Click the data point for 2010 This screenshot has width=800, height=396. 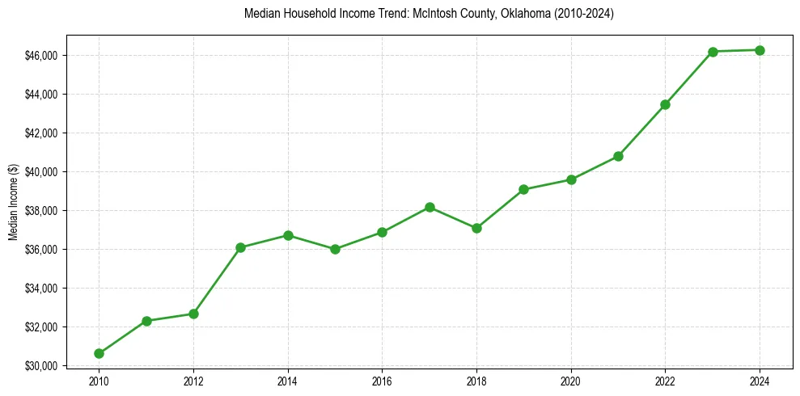99,353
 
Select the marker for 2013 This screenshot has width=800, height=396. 240,247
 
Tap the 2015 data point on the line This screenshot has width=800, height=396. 335,249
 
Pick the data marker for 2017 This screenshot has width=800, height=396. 430,208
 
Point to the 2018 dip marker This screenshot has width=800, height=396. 476,228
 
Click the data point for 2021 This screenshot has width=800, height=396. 618,156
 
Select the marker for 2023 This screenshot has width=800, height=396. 713,52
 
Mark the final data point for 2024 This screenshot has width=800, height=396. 760,50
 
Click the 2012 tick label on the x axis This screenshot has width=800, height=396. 193,381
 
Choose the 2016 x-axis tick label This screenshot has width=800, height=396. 382,381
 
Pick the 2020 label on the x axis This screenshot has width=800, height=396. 571,381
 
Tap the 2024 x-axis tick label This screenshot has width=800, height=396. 760,381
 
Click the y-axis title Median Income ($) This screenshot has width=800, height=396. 13,201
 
